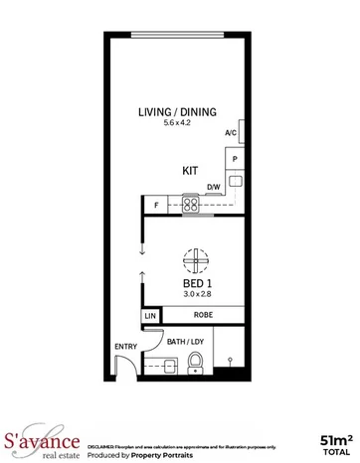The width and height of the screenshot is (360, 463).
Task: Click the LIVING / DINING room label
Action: (177, 112)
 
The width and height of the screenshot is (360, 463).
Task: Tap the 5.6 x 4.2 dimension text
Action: (177, 124)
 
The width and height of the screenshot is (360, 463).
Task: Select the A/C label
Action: (231, 133)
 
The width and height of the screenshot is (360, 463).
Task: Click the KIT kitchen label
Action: (189, 170)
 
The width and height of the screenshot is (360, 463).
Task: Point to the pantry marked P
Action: (236, 159)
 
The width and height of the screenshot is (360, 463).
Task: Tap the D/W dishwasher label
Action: (213, 187)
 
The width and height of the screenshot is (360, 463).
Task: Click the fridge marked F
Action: (156, 206)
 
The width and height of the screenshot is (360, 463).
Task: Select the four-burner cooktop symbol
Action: (191, 207)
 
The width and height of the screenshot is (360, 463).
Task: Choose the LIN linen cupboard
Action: (150, 315)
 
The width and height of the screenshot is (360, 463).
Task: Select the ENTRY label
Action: (126, 347)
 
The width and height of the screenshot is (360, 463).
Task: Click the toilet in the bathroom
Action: (196, 361)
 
